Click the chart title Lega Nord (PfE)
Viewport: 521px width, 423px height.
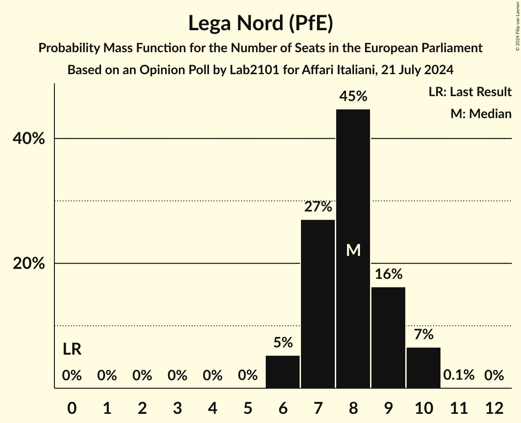260,23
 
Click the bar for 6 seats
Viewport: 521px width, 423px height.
283,372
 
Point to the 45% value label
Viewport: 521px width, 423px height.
353,97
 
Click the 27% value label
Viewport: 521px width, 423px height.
318,207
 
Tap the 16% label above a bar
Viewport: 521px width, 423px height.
388,274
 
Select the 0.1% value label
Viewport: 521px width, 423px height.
459,375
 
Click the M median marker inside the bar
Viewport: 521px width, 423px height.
353,250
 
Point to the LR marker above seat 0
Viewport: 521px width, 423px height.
72,350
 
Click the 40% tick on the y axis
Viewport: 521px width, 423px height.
28,139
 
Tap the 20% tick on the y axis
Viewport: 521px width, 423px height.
28,264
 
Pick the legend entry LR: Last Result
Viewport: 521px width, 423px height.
470,92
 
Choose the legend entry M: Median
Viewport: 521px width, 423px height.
481,114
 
